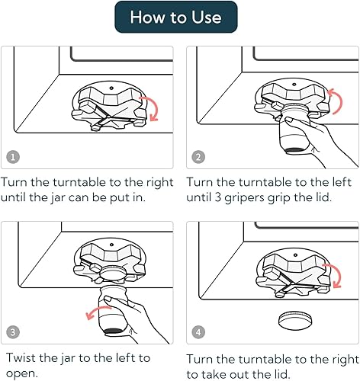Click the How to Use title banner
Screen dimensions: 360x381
(x=176, y=17)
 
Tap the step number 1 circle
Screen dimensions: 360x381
(x=13, y=157)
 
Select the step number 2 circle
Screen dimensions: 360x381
(x=198, y=157)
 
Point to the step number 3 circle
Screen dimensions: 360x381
(x=13, y=331)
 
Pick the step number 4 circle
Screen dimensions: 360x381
(x=198, y=331)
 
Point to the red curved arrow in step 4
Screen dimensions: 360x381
(x=339, y=274)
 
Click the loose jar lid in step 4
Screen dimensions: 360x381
(x=295, y=321)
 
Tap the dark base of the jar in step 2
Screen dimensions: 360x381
(x=295, y=151)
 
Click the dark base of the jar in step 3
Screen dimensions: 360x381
(x=113, y=331)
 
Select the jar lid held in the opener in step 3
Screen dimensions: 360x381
(x=113, y=273)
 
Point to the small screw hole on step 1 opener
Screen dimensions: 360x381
(x=111, y=88)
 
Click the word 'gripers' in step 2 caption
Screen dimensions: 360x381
(x=244, y=197)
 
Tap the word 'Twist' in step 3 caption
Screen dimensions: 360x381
(x=21, y=357)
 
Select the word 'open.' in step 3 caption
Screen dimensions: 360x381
(x=22, y=374)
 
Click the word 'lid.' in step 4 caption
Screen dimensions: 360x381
(x=281, y=374)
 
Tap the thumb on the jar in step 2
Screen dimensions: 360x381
(x=291, y=120)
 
